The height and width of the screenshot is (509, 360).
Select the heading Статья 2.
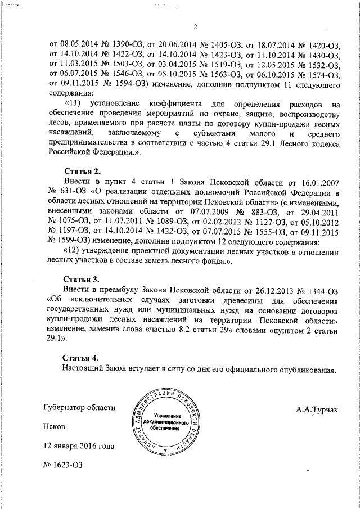pyautogui.click(x=83, y=171)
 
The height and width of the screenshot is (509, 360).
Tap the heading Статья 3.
pyautogui.click(x=83, y=279)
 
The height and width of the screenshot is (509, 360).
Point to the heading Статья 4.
pyautogui.click(x=83, y=358)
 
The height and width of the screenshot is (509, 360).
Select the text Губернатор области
pyautogui.click(x=79, y=408)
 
